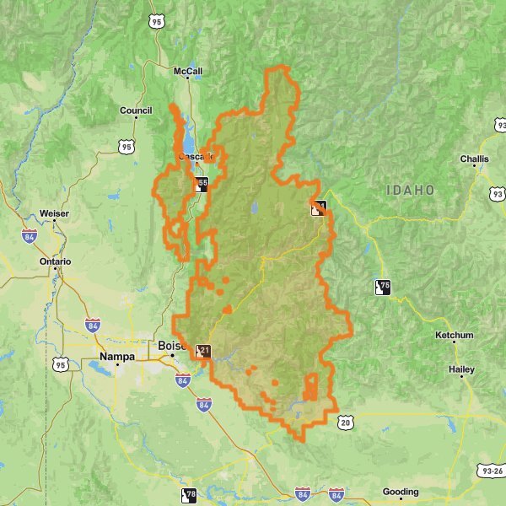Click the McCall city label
pos(187,71)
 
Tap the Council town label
pos(136,110)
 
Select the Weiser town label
pos(54,214)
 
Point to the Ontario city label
pos(56,261)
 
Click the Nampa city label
pos(116,357)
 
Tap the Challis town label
pos(474,159)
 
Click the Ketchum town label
pos(455,336)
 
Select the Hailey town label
pos(461,369)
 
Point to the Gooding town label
pos(400,492)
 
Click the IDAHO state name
pos(411,191)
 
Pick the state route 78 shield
pos(189,496)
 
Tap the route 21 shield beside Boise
pos(203,351)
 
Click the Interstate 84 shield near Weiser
pos(30,237)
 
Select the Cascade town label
pos(196,157)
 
